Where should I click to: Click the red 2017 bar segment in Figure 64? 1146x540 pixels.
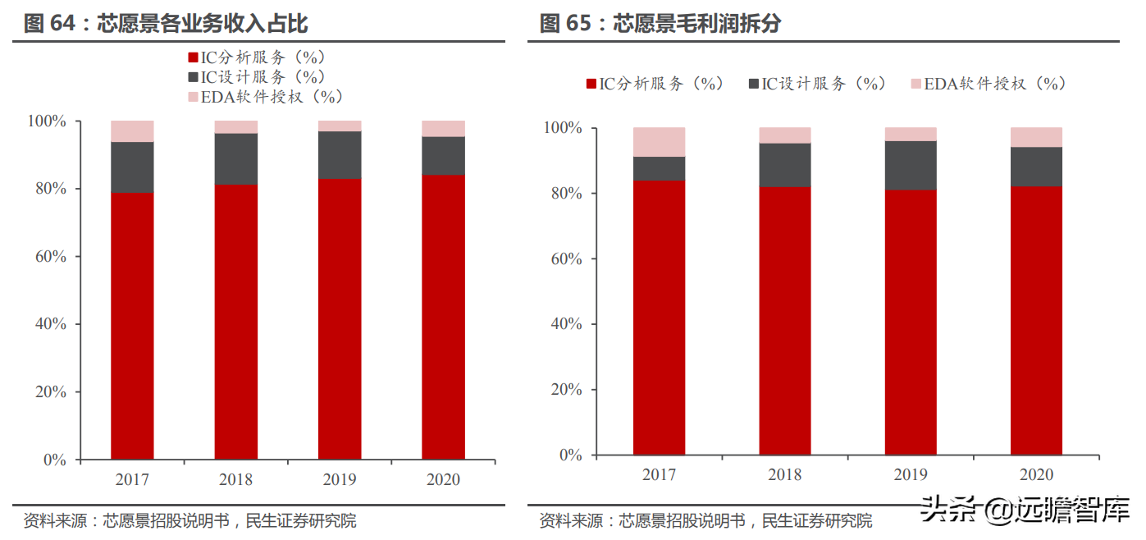pos(132,326)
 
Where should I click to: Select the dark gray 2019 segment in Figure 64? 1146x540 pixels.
pos(340,155)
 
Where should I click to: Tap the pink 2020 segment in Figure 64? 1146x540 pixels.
pos(443,129)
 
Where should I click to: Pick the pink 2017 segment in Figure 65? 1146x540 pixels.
pos(659,142)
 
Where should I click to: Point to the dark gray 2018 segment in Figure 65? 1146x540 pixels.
pos(785,165)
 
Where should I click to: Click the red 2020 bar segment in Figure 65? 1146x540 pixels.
pos(1036,320)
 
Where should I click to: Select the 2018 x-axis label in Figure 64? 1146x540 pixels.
pos(236,479)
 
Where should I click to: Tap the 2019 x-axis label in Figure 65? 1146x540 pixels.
pos(911,474)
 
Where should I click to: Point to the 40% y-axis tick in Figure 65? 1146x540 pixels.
pos(565,324)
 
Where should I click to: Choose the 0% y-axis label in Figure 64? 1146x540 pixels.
pos(54,460)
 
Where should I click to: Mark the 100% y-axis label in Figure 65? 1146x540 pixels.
pos(562,129)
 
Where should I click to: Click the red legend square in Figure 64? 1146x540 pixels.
pos(194,57)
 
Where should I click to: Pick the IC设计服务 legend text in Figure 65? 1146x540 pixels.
pos(824,84)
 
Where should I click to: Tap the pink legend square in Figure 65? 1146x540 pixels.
pos(916,84)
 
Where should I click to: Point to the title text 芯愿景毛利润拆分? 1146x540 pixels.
pos(697,24)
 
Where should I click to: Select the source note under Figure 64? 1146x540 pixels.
pos(189,521)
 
